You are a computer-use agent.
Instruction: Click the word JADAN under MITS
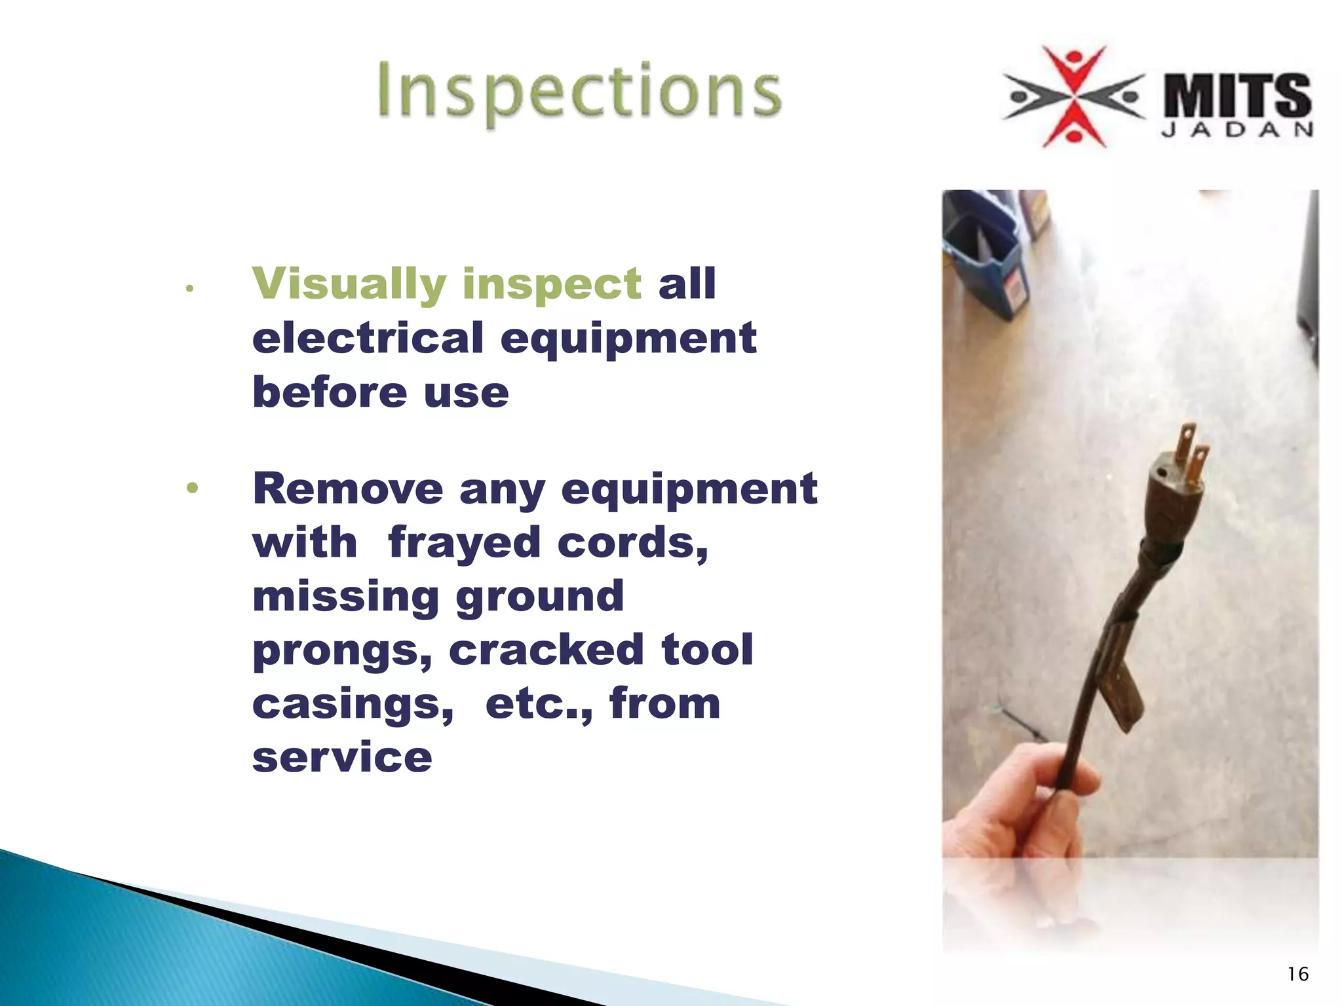click(1237, 130)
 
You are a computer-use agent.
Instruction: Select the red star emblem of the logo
click(1075, 97)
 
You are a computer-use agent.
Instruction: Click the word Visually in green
click(349, 284)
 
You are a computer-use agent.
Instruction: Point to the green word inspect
click(551, 284)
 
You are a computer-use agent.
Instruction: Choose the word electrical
click(368, 338)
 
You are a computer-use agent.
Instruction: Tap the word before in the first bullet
click(330, 392)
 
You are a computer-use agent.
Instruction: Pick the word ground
click(539, 597)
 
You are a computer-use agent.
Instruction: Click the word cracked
click(546, 650)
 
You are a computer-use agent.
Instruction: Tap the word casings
click(352, 703)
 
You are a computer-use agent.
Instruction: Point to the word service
click(342, 757)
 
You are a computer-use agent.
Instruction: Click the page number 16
click(1297, 975)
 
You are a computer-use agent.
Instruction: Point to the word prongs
click(341, 651)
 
